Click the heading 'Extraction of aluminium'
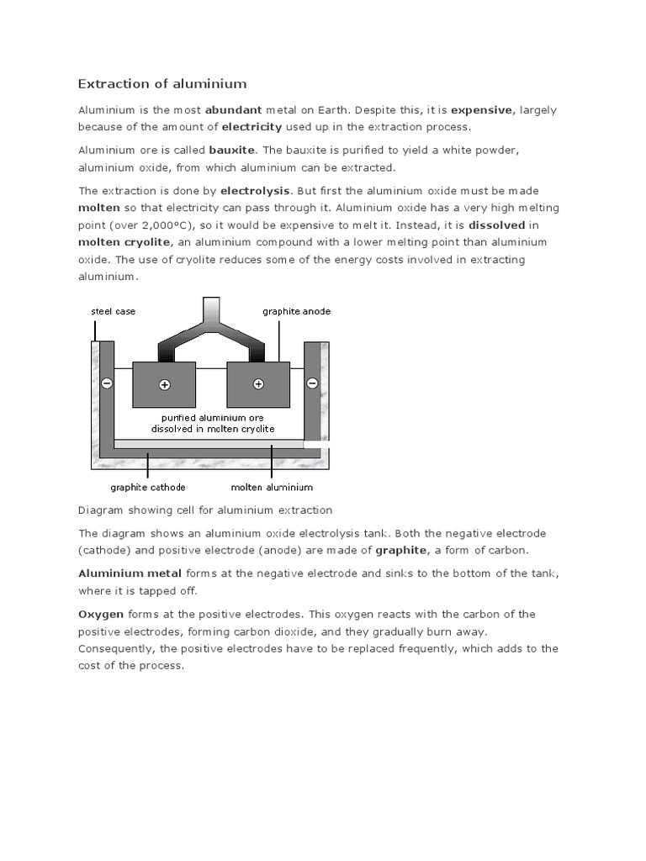point(162,83)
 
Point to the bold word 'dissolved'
point(496,225)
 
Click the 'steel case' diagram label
point(113,311)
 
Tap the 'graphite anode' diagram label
point(296,311)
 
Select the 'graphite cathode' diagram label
point(148,487)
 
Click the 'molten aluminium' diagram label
point(272,487)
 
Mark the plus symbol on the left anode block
point(164,384)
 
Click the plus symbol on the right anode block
point(258,384)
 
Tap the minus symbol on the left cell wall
point(107,383)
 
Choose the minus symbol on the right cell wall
point(312,383)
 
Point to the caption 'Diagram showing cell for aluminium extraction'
point(205,510)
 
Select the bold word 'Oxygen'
point(101,614)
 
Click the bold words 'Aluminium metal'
point(130,573)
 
